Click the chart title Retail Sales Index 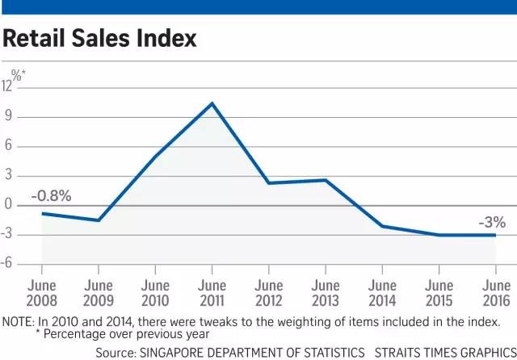100,38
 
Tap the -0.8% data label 52,195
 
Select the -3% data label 491,221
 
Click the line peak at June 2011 212,103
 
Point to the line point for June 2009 99,220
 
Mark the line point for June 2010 155,157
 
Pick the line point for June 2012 269,183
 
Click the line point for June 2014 382,226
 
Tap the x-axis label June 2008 42,293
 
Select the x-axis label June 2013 326,293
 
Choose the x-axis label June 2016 495,293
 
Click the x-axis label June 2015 439,293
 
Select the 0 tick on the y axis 9,205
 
